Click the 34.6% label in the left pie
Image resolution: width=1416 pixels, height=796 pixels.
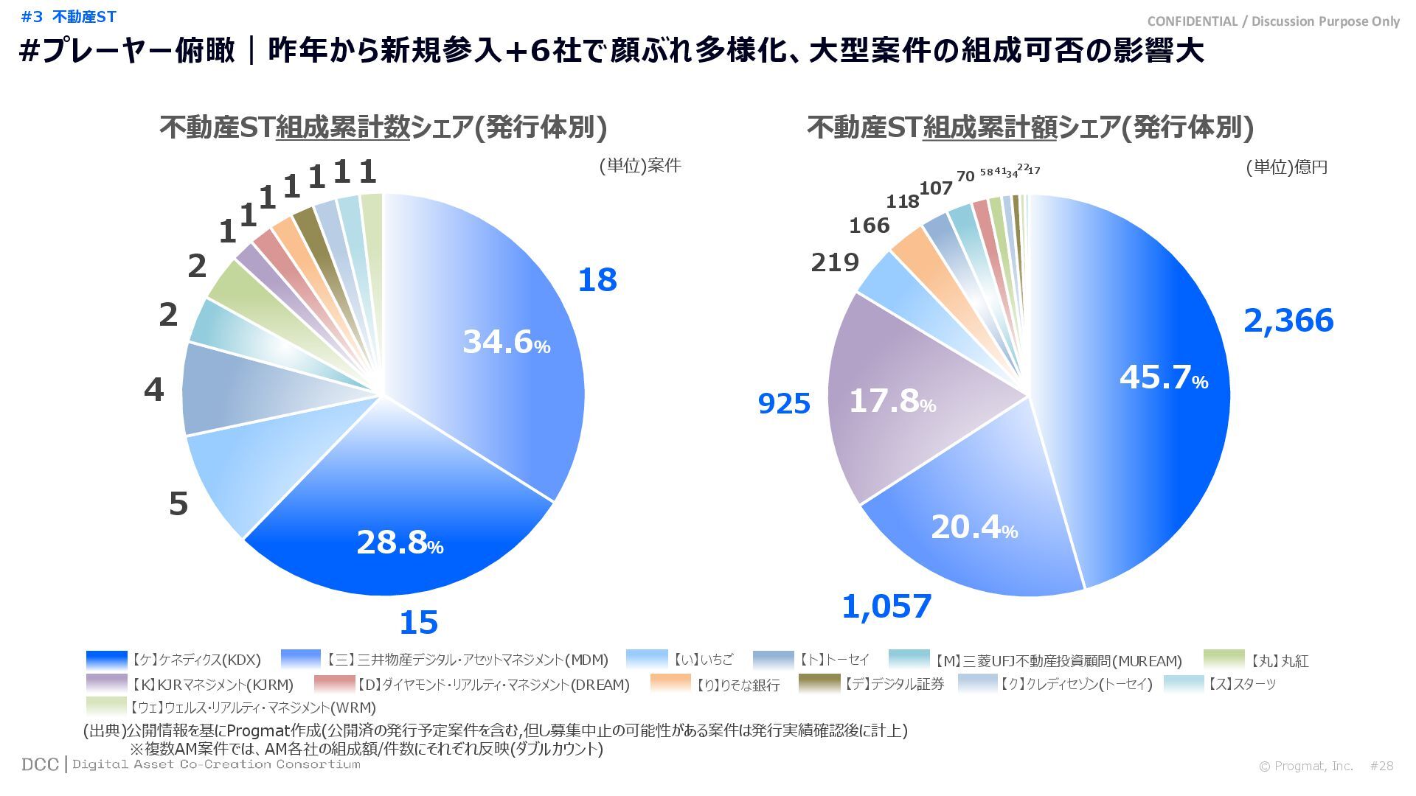(x=506, y=342)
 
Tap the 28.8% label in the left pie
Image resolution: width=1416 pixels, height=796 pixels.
(x=400, y=543)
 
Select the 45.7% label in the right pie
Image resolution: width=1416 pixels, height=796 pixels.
(x=1163, y=378)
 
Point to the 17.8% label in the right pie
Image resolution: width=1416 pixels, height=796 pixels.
(x=892, y=402)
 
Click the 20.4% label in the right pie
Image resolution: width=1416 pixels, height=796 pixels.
(x=974, y=528)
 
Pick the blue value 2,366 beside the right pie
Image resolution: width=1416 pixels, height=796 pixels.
(x=1288, y=321)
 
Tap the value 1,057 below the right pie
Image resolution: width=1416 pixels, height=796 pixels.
(x=886, y=607)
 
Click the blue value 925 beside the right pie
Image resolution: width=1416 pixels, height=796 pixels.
(x=784, y=404)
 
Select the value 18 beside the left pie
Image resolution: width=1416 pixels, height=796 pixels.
(x=597, y=281)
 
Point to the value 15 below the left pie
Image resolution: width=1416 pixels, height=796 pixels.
(x=418, y=624)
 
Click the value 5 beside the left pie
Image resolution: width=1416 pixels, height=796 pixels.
(x=178, y=504)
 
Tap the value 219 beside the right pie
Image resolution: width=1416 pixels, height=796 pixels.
(x=835, y=262)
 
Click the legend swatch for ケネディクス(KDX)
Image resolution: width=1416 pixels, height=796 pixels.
(x=106, y=659)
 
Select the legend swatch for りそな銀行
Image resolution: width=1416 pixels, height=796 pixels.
(x=670, y=683)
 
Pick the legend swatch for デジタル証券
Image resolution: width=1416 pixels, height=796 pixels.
(x=819, y=683)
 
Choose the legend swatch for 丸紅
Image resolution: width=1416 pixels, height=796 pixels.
(x=1224, y=659)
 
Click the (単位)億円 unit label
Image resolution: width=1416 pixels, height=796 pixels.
(x=1286, y=168)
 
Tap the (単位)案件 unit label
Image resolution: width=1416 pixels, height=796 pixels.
(x=639, y=166)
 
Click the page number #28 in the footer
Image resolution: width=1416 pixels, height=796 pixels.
(x=1381, y=767)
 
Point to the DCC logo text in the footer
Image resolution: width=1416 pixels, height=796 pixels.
(x=40, y=765)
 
